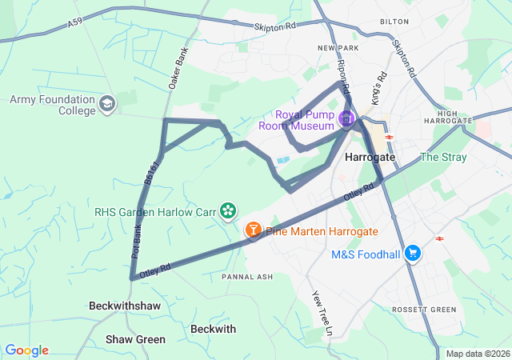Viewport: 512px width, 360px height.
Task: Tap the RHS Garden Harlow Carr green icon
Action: pyautogui.click(x=228, y=210)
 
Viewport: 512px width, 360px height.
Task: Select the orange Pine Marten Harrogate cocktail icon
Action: pyautogui.click(x=253, y=230)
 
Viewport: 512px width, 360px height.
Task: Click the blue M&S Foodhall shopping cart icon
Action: pyautogui.click(x=413, y=254)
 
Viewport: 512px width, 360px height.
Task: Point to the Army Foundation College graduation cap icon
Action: pyautogui.click(x=107, y=104)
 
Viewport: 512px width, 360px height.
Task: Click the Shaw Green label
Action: pyautogui.click(x=136, y=339)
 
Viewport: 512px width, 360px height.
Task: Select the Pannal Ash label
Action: pyautogui.click(x=247, y=277)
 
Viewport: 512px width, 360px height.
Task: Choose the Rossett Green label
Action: pyautogui.click(x=424, y=310)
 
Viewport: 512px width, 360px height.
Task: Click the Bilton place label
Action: pyautogui.click(x=394, y=22)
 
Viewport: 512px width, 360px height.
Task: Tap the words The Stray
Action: pyautogui.click(x=442, y=157)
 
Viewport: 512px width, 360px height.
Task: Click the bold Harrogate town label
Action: pyautogui.click(x=370, y=158)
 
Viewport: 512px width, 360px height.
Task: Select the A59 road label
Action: pyautogui.click(x=74, y=25)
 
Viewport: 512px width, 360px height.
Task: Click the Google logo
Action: pyautogui.click(x=26, y=350)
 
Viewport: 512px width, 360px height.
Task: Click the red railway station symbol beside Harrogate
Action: pyautogui.click(x=390, y=137)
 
